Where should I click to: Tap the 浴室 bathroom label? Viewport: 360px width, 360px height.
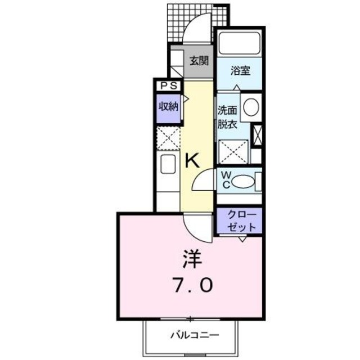click(x=240, y=71)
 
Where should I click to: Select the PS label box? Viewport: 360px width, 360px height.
click(x=168, y=86)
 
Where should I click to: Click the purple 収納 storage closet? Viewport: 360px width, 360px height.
click(x=168, y=106)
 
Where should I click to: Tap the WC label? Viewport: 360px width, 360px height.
click(x=224, y=181)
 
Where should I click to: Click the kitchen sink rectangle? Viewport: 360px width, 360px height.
click(x=168, y=165)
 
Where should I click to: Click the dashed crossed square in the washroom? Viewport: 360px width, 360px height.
click(x=233, y=150)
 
